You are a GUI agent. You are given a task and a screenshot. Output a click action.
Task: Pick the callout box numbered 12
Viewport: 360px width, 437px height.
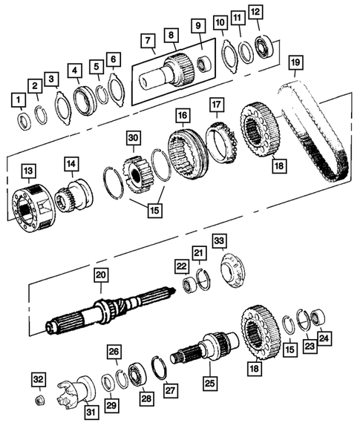point(255,12)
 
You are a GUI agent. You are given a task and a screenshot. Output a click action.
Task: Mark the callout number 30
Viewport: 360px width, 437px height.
point(133,139)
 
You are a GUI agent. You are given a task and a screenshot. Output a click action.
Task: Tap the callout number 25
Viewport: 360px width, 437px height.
point(209,385)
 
